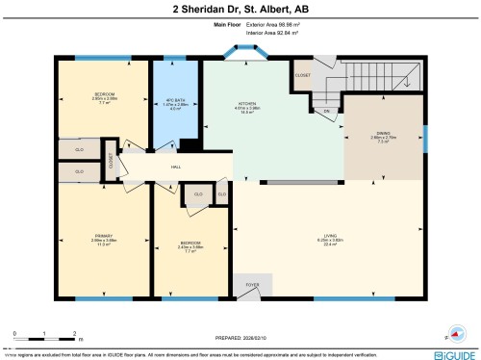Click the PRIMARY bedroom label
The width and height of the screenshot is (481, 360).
pyautogui.click(x=103, y=234)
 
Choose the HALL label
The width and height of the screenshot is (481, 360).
pyautogui.click(x=176, y=167)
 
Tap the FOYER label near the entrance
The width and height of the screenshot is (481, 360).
pyautogui.click(x=253, y=286)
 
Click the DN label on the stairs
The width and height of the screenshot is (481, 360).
pyautogui.click(x=327, y=112)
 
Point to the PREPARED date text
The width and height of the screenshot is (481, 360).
pyautogui.click(x=240, y=337)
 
